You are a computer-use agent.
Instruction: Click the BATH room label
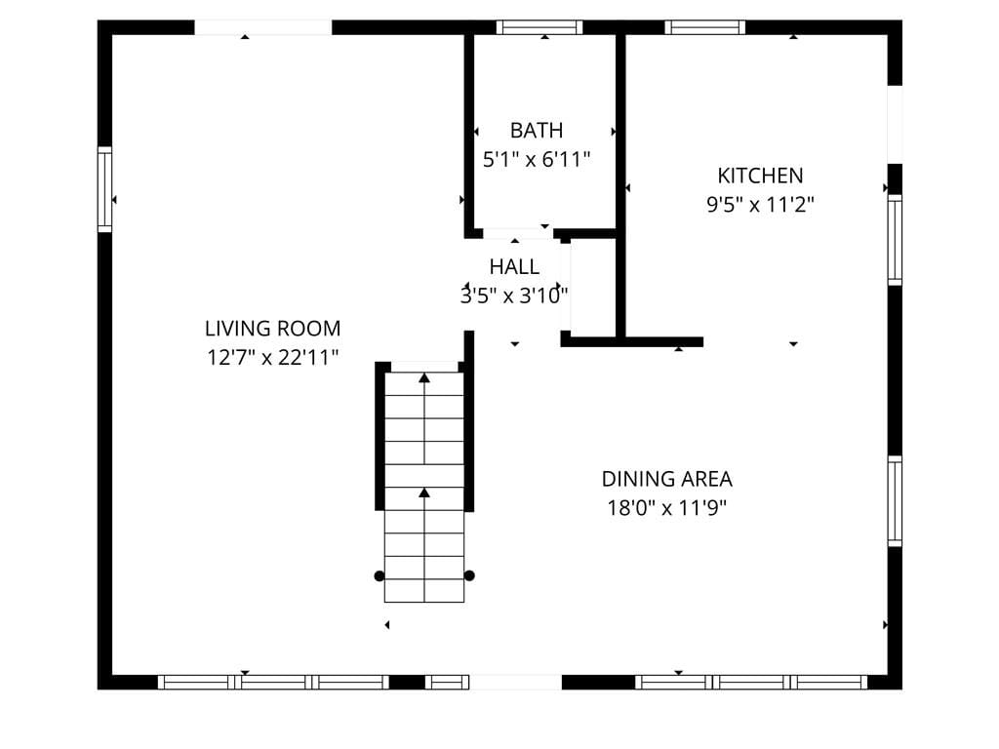click(537, 130)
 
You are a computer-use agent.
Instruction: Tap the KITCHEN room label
click(760, 176)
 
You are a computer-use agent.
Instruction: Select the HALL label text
click(513, 266)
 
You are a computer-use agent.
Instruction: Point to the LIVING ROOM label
click(272, 329)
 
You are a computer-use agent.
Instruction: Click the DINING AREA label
click(666, 479)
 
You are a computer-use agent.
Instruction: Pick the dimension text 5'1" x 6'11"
click(537, 159)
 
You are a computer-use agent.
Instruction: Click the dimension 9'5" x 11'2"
click(760, 205)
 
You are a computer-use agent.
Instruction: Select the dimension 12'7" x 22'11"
click(272, 358)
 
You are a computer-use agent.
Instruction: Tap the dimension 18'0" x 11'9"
click(666, 508)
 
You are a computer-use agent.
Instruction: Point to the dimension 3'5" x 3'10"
click(514, 296)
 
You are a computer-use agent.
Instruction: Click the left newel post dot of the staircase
click(380, 575)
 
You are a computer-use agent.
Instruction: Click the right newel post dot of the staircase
click(469, 575)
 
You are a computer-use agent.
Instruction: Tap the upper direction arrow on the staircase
click(424, 376)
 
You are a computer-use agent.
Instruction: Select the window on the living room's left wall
click(104, 189)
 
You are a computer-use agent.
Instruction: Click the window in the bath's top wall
click(539, 27)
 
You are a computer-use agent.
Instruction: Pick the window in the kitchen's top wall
click(704, 27)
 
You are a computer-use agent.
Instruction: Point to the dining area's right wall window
click(895, 501)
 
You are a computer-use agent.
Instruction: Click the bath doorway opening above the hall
click(518, 233)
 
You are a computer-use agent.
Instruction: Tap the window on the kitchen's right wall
click(895, 240)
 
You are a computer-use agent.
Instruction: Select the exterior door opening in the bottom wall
click(516, 683)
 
